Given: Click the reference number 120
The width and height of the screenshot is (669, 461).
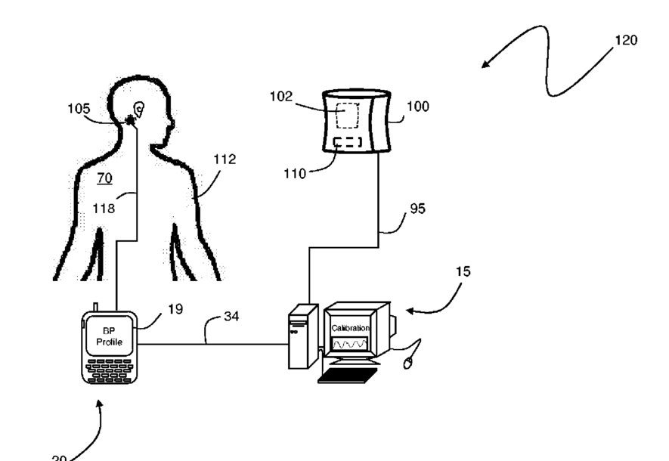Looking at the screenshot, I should coord(626,40).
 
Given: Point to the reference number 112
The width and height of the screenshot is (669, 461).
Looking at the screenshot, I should coord(224,159).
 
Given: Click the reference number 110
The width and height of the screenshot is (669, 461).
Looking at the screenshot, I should coord(295,174).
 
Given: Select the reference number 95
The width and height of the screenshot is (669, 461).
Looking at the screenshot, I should coord(417,209).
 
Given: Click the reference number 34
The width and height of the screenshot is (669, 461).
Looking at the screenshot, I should coord(232,315).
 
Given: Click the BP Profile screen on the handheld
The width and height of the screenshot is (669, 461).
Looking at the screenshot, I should coord(106,336).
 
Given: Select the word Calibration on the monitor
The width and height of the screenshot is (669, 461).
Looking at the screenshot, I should coord(350,328).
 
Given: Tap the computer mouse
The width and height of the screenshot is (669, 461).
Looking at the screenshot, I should coord(409,364).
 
